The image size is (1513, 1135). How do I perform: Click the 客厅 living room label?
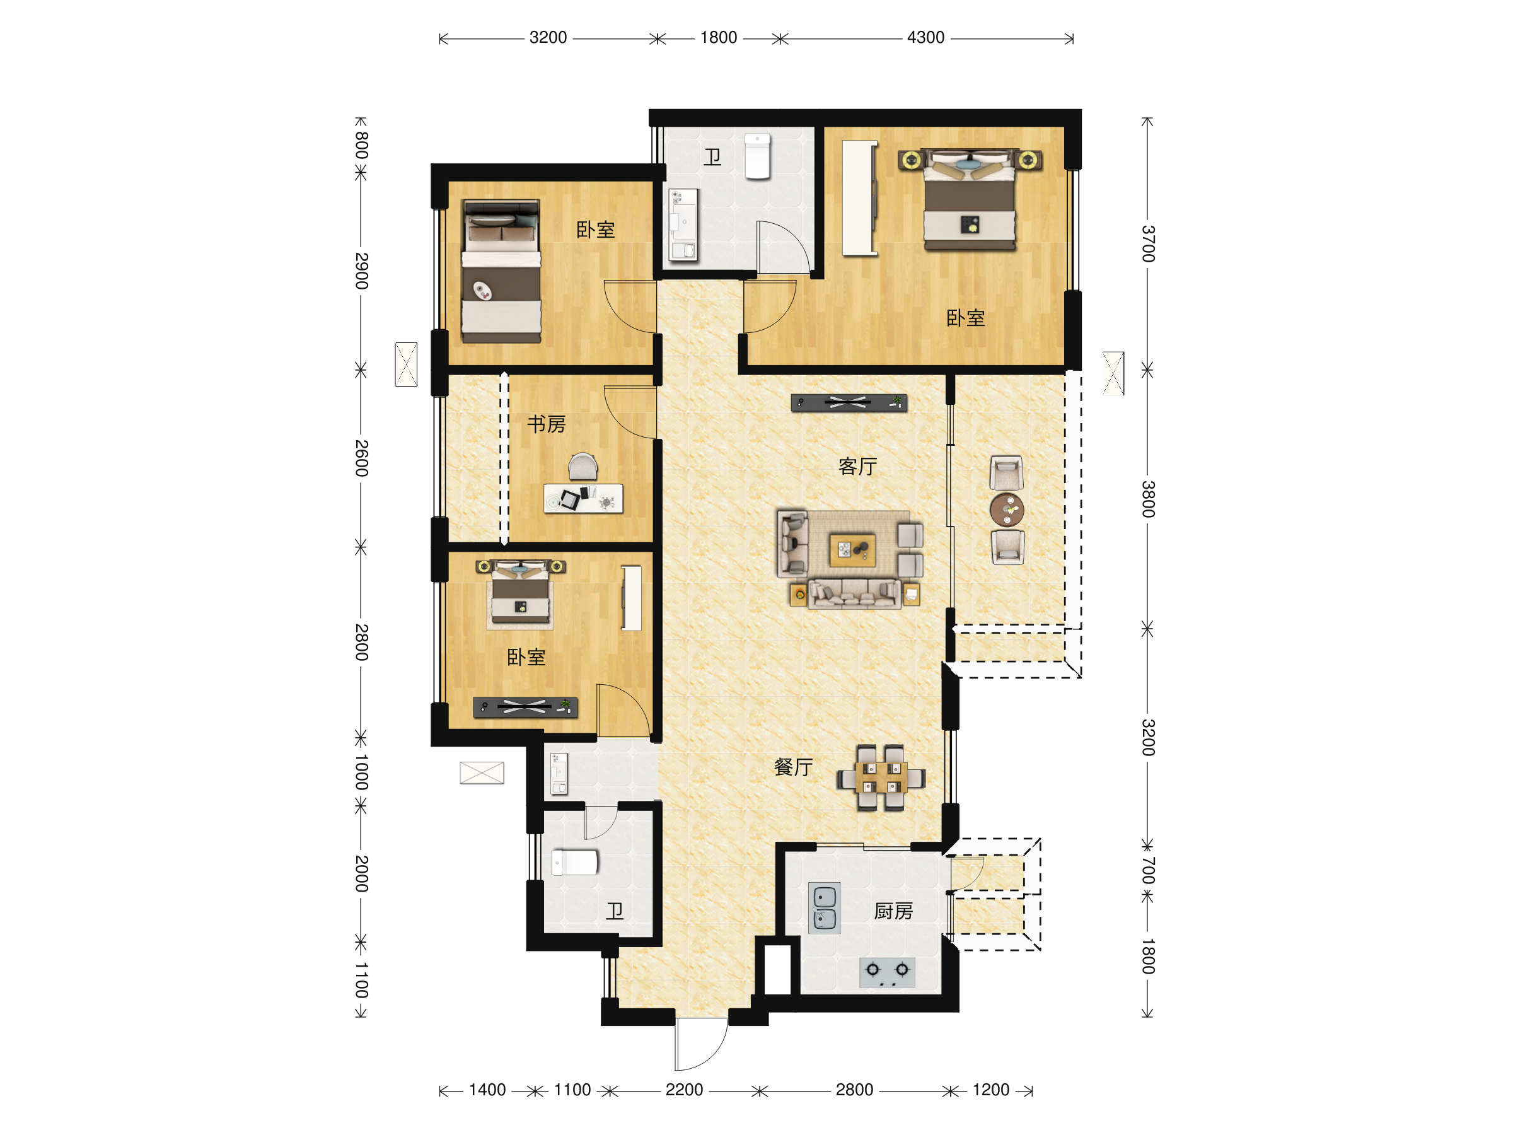pos(857,467)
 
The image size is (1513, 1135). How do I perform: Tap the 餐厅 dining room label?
pos(793,767)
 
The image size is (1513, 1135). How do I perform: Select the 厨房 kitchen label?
pos(893,911)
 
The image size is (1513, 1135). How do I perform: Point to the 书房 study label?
pos(547,424)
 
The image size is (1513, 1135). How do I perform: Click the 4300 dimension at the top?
pos(925,38)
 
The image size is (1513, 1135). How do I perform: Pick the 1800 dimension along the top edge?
pos(718,38)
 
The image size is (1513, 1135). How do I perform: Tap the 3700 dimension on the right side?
pos(1148,243)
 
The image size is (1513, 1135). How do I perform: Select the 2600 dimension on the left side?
pos(361,458)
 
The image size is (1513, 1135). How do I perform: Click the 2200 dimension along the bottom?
pos(684,1090)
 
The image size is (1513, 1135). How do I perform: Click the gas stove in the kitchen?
pos(887,972)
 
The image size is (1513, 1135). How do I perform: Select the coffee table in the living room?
pos(852,550)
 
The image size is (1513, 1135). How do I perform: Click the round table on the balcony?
pos(1007,509)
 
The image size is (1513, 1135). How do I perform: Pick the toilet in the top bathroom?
pos(757,156)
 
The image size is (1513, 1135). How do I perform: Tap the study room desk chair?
pos(583,467)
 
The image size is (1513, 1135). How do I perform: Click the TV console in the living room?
pos(849,403)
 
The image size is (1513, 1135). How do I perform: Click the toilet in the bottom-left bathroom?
pos(574,862)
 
